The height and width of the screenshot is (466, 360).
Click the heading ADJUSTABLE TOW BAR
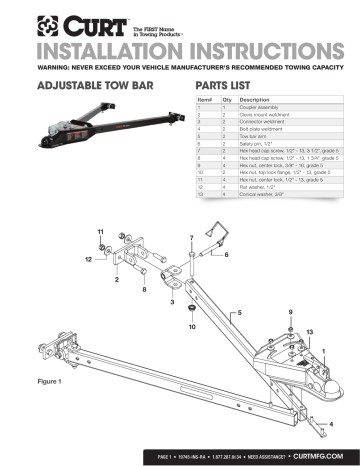point(84,86)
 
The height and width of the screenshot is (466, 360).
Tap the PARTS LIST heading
point(230,86)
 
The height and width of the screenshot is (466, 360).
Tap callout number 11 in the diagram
point(101,232)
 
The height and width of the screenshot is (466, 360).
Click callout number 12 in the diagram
point(89,259)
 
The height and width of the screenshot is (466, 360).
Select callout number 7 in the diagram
point(191,238)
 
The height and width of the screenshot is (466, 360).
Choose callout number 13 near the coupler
point(310,330)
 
